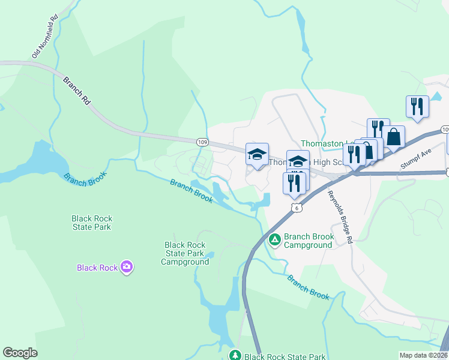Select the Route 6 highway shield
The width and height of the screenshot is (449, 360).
[296, 207]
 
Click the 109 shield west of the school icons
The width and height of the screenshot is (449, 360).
[202, 142]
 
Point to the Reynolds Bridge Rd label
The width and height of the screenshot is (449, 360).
[340, 217]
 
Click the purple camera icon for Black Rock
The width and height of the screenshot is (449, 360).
[126, 266]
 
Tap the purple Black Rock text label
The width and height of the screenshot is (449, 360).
[97, 268]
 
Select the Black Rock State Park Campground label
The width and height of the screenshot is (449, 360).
[185, 253]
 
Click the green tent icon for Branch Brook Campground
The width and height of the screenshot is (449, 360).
[275, 240]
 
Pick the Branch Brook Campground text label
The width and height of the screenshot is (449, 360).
[308, 241]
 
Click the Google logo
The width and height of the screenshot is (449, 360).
[20, 353]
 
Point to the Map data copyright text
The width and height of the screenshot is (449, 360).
[423, 355]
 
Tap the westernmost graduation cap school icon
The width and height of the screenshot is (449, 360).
[257, 154]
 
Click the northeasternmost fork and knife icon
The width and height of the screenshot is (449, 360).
[417, 106]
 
